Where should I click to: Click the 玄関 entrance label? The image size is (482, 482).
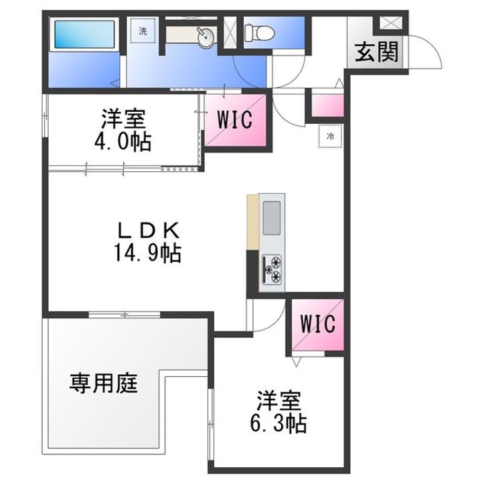(377, 53)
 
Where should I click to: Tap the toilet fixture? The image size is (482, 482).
(255, 31)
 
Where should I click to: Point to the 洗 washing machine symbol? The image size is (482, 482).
(143, 31)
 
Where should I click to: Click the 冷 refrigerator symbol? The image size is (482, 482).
(331, 136)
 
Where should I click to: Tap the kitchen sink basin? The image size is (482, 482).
(272, 217)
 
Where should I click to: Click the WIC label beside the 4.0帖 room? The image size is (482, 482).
(234, 120)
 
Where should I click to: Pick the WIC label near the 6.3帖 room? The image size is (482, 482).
(317, 324)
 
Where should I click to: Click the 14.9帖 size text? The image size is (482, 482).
(149, 253)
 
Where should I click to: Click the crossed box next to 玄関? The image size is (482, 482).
(390, 22)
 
